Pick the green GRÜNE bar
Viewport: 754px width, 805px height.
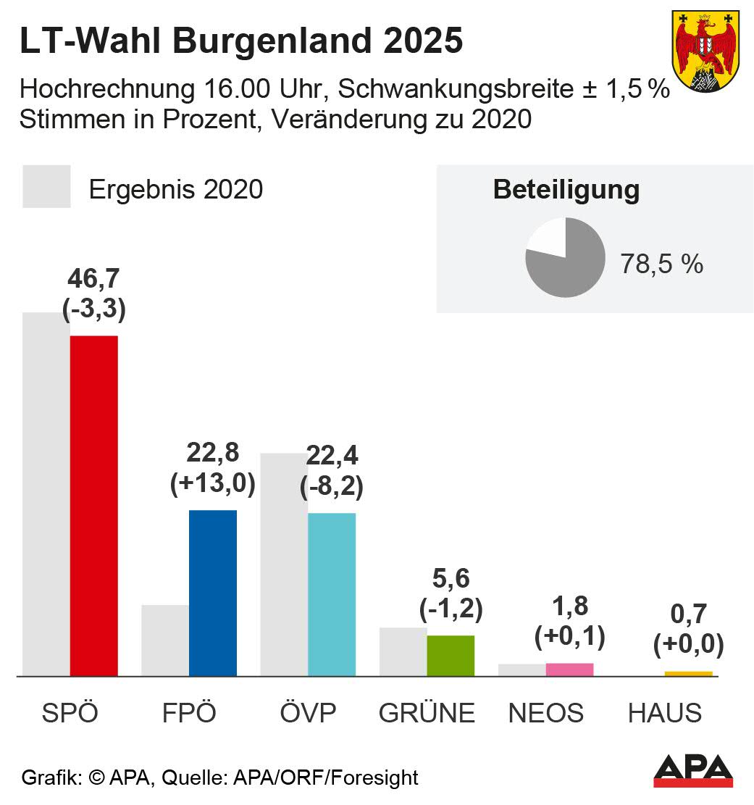pos(450,656)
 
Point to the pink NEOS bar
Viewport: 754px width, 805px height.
pos(569,670)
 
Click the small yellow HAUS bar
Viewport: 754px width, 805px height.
pos(688,674)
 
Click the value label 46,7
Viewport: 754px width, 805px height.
pos(94,279)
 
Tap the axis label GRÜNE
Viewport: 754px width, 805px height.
pos(427,713)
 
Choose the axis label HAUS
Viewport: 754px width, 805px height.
pos(664,713)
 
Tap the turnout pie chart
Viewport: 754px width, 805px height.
pos(565,258)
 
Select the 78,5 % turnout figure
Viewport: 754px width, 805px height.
pos(661,264)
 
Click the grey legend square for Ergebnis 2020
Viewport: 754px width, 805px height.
pos(46,187)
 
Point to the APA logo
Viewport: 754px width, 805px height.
pos(692,771)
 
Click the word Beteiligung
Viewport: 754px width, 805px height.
pos(566,190)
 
